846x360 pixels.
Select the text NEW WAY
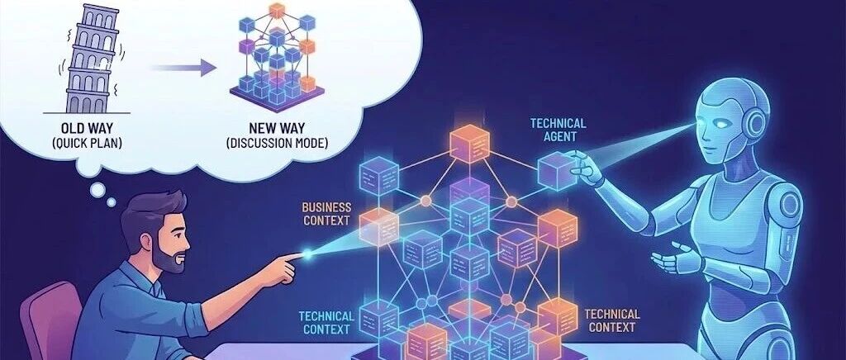[x=276, y=129]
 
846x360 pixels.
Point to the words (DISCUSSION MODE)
[x=276, y=144]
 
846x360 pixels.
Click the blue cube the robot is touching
[x=557, y=172]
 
